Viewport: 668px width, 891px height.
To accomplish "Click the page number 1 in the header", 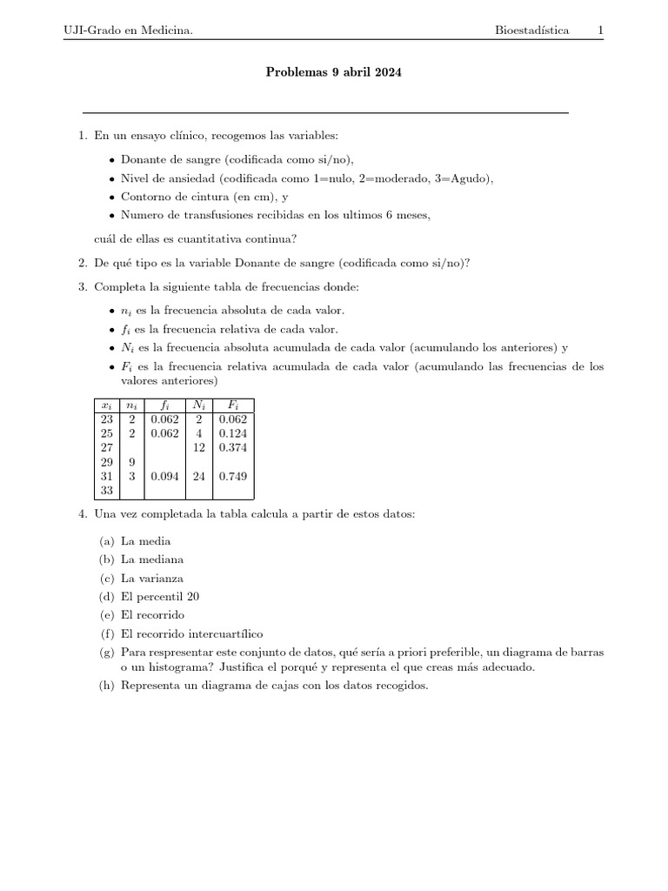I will [x=600, y=30].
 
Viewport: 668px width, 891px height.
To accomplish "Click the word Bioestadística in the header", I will [x=532, y=30].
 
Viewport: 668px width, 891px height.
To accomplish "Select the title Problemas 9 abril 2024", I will [x=334, y=73].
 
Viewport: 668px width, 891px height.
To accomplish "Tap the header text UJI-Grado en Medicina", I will [x=128, y=30].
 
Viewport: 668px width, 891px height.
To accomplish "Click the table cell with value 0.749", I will [x=232, y=476].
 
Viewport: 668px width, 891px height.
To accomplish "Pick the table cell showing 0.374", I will [x=232, y=446].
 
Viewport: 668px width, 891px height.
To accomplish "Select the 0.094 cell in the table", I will [x=164, y=476].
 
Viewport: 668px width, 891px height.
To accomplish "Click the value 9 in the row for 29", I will [x=131, y=461].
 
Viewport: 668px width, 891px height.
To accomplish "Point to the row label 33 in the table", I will [x=107, y=491].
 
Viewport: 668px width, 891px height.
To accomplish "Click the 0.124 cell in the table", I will [x=232, y=432].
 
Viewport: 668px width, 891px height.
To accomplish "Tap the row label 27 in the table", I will [x=107, y=446].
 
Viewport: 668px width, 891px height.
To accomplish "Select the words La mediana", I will [x=152, y=559].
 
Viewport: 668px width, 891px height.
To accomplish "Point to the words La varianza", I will [x=152, y=579].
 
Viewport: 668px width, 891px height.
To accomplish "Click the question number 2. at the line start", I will [x=83, y=263].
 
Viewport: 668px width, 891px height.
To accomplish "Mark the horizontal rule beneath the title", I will [x=324, y=113].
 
